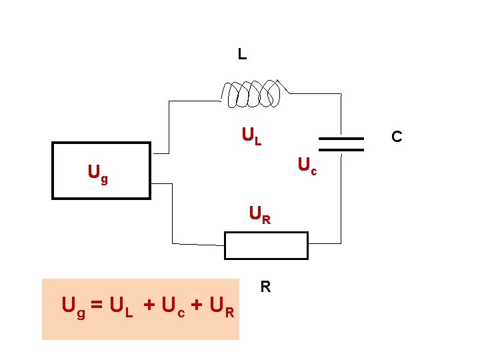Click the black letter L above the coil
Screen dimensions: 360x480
[x=242, y=55]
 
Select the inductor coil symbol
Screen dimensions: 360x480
[x=253, y=94]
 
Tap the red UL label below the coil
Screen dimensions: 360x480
[x=251, y=137]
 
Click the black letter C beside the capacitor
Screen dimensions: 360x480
[x=397, y=137]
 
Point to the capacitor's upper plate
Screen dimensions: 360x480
[x=341, y=139]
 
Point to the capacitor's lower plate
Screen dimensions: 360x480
[x=341, y=150]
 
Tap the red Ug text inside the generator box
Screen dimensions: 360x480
[x=98, y=175]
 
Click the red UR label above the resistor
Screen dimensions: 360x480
[x=259, y=215]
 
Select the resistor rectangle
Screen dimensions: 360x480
[x=266, y=245]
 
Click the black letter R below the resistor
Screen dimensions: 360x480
[x=265, y=287]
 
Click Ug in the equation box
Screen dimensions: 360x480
[x=73, y=307]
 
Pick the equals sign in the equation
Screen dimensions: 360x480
[x=97, y=307]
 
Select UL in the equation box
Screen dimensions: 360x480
[x=121, y=307]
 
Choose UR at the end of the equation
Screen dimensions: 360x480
[x=221, y=307]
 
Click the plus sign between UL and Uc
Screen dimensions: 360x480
[x=148, y=307]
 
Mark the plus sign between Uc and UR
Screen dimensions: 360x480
[x=197, y=307]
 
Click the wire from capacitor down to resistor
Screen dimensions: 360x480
[x=341, y=200]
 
